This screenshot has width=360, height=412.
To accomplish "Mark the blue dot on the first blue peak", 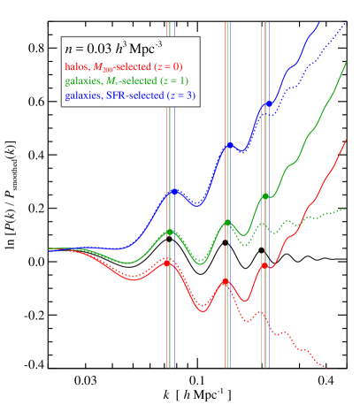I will [x=173, y=192].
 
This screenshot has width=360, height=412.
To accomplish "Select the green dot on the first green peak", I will [x=170, y=233].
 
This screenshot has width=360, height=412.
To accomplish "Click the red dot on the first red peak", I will [x=168, y=262].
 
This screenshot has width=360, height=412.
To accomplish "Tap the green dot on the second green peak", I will [x=227, y=223].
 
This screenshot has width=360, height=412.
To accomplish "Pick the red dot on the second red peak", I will [x=226, y=281].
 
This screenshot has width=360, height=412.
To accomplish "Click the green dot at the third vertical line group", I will [x=264, y=196].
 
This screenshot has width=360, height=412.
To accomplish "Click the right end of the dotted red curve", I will [x=326, y=367].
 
